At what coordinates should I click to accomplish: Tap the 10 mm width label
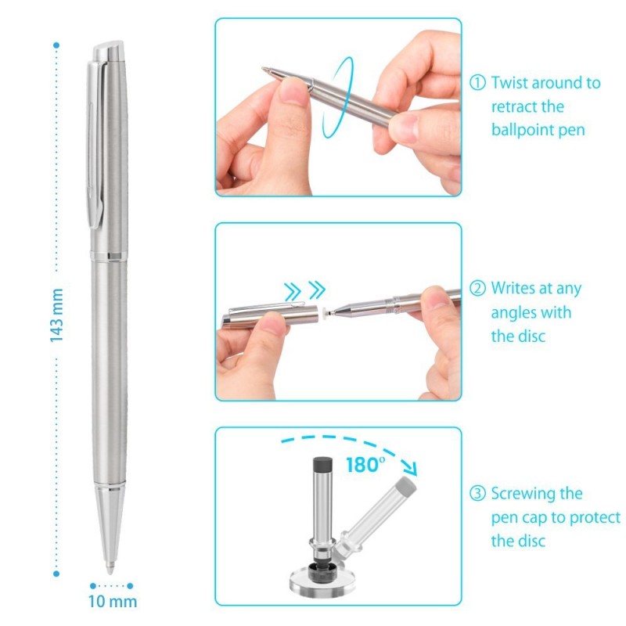[112, 602]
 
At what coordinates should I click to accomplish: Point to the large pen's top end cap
[108, 52]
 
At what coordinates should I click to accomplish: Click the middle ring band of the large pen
[109, 256]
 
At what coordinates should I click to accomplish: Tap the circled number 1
[477, 83]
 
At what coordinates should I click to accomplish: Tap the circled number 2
[477, 289]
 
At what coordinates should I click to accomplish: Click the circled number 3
[477, 494]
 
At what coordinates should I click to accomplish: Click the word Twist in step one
[509, 83]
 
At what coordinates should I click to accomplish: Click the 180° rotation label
[365, 465]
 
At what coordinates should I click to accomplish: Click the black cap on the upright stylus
[319, 466]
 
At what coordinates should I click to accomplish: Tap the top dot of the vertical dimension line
[56, 44]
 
